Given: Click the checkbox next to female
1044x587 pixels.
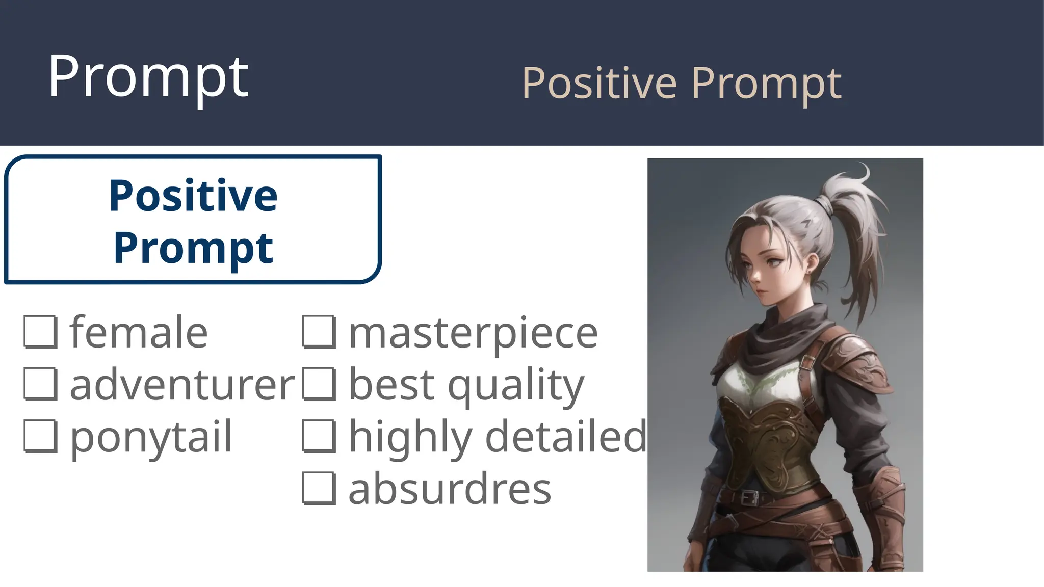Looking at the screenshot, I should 40,332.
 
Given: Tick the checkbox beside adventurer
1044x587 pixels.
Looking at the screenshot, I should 40,384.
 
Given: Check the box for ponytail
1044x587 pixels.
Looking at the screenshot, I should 40,436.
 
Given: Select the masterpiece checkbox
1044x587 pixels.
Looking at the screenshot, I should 319,332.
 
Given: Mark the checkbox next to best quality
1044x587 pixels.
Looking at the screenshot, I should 319,384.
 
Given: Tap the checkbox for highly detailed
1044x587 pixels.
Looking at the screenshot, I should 319,436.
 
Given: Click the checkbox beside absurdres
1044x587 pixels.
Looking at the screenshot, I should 319,488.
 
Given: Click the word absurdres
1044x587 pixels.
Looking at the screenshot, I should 449,488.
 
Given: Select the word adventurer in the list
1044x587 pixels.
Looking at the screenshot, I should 182,385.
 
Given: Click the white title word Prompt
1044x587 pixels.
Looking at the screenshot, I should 148,77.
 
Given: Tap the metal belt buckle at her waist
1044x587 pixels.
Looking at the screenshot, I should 749,497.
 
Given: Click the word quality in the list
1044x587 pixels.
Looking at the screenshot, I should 515,386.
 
